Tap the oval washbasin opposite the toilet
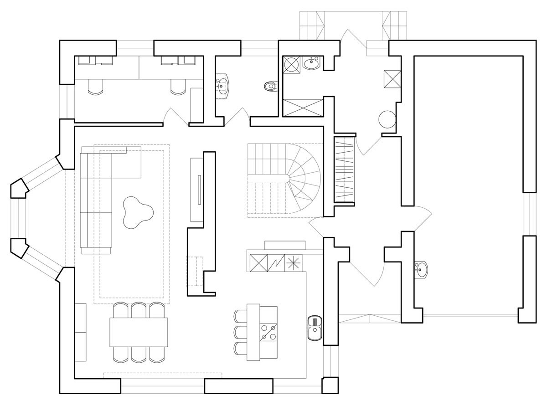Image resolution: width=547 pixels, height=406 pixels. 223,85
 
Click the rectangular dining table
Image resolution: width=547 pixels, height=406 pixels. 139,332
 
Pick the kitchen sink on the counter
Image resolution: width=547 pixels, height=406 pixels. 315,328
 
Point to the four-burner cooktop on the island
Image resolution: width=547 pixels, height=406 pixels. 268,332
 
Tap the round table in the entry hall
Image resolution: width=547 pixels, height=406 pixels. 387,120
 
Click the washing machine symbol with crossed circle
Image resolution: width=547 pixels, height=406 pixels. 291,64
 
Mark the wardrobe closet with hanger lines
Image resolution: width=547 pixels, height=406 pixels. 344,170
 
